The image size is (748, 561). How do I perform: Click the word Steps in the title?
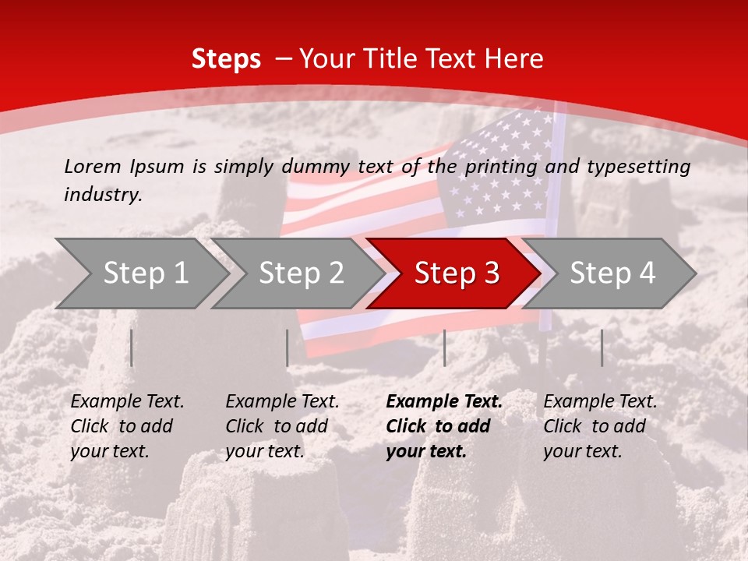(226, 59)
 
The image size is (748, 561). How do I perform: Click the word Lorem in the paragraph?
(93, 166)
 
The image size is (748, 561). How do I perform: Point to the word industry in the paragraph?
(102, 195)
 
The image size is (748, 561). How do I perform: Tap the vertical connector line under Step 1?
(132, 348)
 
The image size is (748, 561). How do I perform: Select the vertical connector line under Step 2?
(288, 348)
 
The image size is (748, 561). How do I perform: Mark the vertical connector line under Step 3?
(444, 348)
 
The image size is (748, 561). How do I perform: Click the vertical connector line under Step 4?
(602, 348)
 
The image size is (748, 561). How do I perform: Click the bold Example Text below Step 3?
(444, 402)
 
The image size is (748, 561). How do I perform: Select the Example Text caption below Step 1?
(127, 402)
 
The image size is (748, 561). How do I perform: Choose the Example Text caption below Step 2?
(282, 402)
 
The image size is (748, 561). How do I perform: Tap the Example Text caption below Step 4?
(600, 402)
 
